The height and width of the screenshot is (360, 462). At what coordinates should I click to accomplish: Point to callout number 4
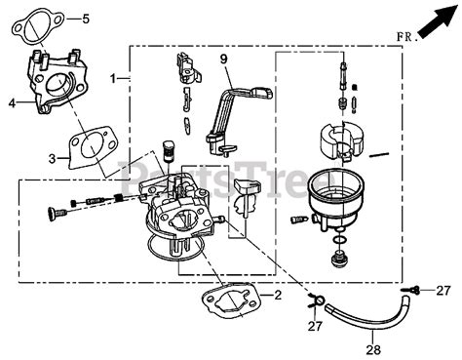pos(12,100)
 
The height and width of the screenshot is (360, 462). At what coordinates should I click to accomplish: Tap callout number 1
pos(114,77)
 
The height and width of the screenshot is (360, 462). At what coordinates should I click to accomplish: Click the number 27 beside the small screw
pos(444,290)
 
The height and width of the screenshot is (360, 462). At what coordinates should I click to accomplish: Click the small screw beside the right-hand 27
pos(417,290)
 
